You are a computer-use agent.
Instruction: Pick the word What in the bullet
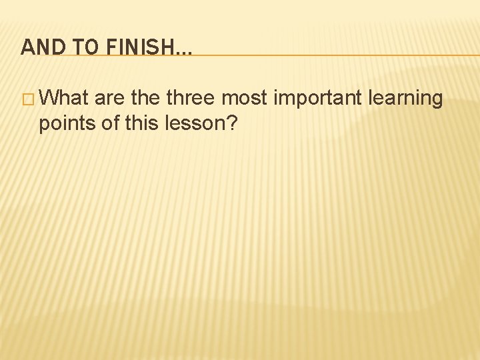click(x=64, y=99)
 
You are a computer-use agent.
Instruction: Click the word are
click(x=110, y=99)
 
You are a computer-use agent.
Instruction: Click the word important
click(x=317, y=99)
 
